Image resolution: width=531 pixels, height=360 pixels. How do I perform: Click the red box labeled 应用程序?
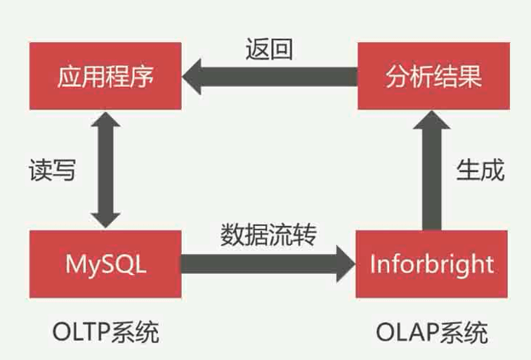click(105, 76)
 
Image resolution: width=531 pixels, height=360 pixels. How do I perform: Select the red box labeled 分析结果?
click(433, 76)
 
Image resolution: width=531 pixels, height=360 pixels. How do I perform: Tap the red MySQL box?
click(105, 264)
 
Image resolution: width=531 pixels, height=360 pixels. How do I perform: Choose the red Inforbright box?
click(431, 264)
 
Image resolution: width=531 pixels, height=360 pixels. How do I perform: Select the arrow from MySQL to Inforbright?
click(267, 264)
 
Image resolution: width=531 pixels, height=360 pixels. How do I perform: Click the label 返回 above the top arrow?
click(269, 48)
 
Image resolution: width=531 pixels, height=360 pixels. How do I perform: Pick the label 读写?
click(52, 171)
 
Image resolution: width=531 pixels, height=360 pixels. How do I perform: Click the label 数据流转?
click(269, 234)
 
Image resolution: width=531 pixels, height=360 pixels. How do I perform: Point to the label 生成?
click(480, 170)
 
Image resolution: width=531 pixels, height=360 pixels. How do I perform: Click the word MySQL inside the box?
click(105, 265)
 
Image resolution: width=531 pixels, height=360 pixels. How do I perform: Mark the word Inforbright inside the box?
click(431, 265)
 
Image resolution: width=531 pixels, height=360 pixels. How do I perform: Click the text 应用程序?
click(105, 76)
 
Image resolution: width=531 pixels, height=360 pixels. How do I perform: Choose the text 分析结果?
click(433, 76)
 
